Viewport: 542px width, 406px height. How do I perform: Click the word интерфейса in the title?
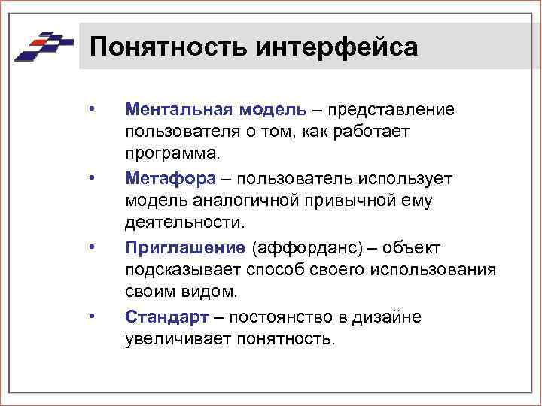[x=336, y=47]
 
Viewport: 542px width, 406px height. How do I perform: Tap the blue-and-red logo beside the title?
[x=43, y=47]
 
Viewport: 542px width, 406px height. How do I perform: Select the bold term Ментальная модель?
[x=216, y=109]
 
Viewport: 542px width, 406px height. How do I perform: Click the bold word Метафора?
[x=171, y=177]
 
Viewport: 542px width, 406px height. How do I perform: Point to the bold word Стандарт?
[x=166, y=316]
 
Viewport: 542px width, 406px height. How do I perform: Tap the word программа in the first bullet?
[x=172, y=154]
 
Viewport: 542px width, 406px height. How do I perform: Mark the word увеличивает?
[x=178, y=338]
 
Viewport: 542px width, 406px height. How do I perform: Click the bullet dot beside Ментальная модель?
[x=91, y=109]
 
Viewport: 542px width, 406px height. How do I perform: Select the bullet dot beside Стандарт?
[x=91, y=316]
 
